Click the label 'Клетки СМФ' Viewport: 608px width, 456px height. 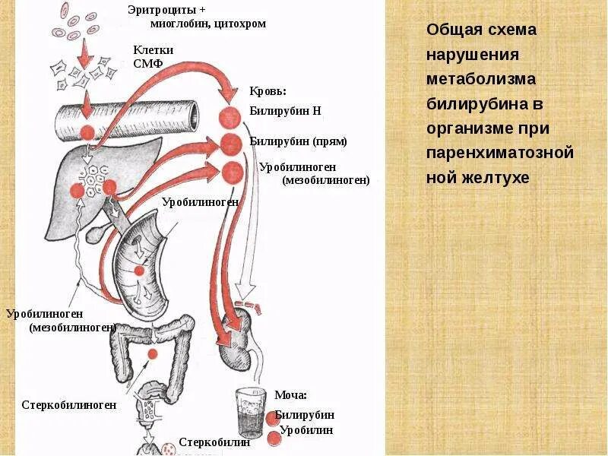point(153,56)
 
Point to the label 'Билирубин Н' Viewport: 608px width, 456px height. point(285,111)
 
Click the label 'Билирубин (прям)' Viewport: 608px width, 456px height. point(298,141)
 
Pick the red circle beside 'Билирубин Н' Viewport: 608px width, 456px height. point(230,118)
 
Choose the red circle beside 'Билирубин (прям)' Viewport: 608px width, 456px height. point(231,142)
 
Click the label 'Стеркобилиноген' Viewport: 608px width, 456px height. point(69,405)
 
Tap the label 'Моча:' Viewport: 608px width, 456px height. point(290,395)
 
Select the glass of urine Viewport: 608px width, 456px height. point(249,415)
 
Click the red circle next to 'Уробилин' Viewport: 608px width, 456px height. point(274,437)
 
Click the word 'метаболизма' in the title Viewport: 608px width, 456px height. point(481,80)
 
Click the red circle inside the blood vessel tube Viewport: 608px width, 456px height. point(87,131)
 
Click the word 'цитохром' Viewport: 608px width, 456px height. point(241,24)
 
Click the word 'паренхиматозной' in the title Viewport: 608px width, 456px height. point(499,154)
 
